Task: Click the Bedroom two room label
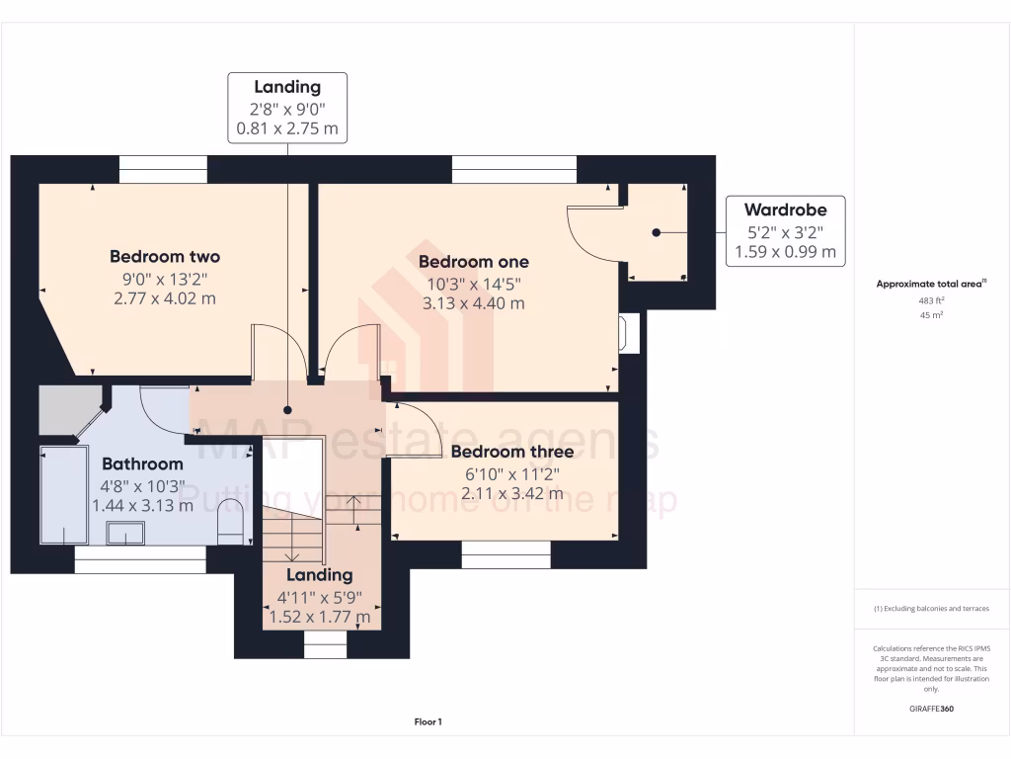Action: tap(165, 257)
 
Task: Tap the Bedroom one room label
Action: tap(474, 262)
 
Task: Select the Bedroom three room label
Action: tap(511, 452)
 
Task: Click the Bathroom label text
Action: tap(143, 464)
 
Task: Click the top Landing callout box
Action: tap(287, 107)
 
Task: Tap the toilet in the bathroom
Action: tap(230, 523)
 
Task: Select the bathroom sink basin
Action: tap(126, 535)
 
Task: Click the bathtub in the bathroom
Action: tap(64, 494)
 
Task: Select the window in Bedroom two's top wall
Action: tap(163, 170)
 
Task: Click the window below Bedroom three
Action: tap(506, 554)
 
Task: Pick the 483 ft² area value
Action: tap(932, 300)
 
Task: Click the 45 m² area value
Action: tap(932, 316)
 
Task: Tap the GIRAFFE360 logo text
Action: tap(932, 709)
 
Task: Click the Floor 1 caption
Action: tap(428, 722)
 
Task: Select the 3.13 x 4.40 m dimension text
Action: tap(474, 303)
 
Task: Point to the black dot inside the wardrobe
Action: tap(657, 232)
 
